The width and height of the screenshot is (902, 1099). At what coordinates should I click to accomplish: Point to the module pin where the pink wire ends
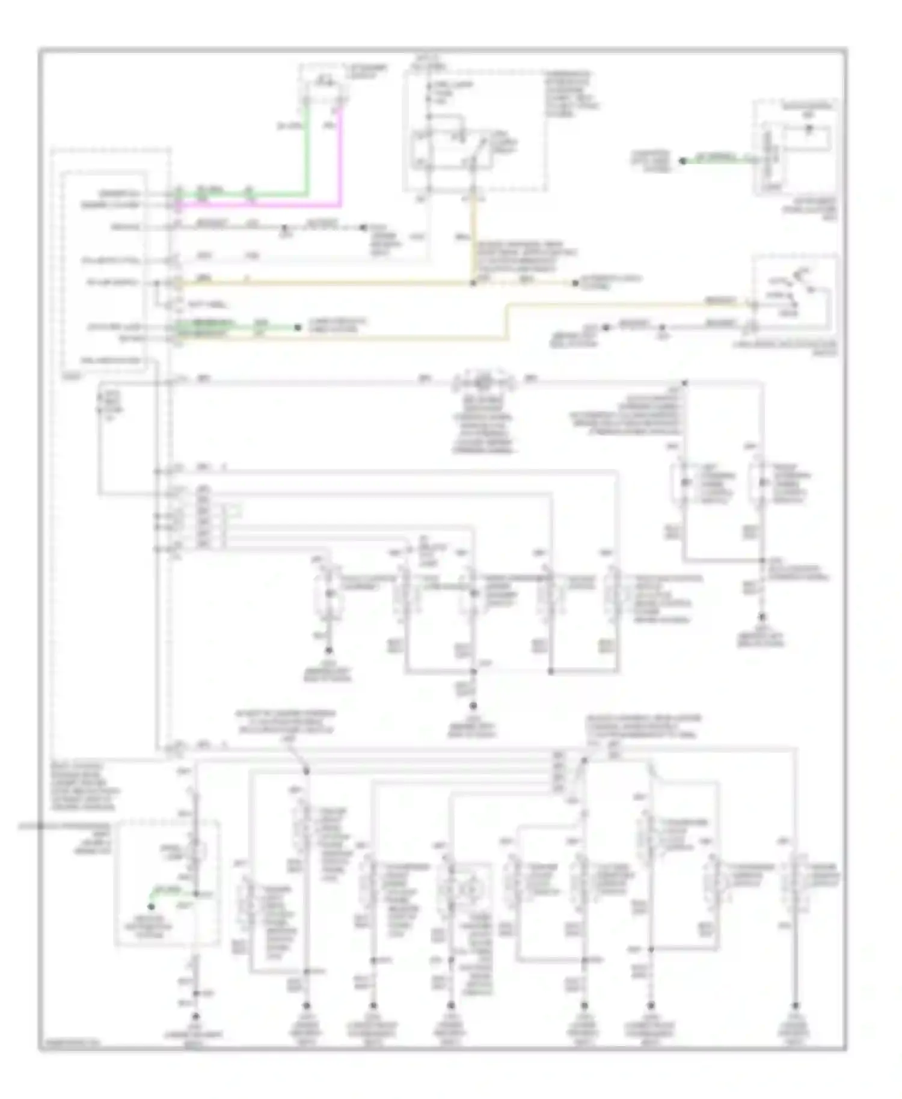[x=178, y=206]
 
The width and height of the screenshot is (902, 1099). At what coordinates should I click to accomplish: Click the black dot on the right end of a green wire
[x=297, y=328]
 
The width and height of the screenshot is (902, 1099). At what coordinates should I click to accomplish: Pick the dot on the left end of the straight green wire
[x=683, y=161]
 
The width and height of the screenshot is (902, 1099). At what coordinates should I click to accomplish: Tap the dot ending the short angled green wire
[x=152, y=907]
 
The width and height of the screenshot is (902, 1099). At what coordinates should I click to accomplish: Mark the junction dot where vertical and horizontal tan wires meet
[x=473, y=283]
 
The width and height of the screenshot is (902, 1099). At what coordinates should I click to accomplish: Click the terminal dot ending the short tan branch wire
[x=575, y=283]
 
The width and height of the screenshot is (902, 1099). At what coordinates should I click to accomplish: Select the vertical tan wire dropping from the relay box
[x=473, y=234]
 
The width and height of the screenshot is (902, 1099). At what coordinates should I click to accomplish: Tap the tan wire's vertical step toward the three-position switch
[x=507, y=322]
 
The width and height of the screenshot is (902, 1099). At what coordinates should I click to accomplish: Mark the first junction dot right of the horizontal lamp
[x=684, y=382]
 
